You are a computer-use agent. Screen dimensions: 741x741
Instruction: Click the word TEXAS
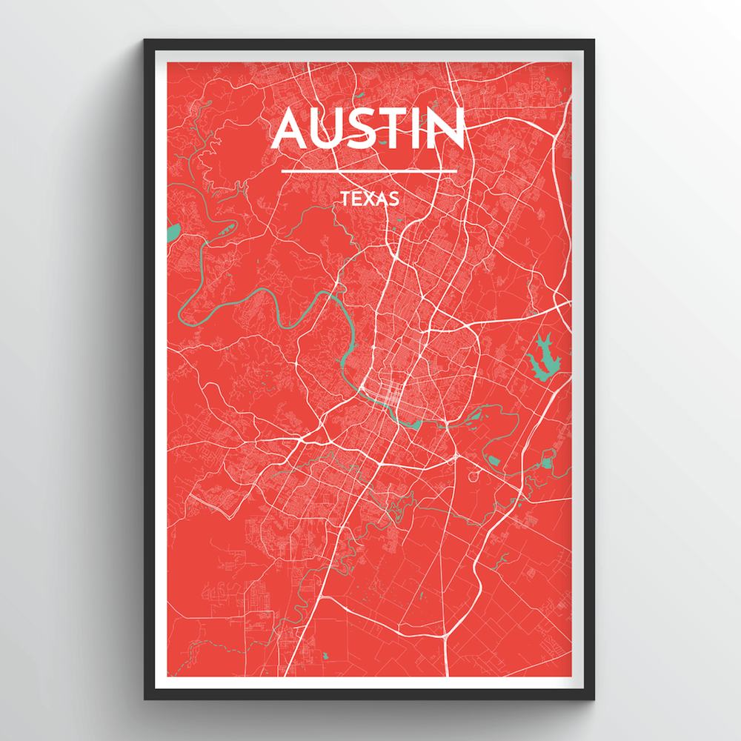[370, 199]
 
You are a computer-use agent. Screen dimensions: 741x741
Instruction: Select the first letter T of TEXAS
[345, 199]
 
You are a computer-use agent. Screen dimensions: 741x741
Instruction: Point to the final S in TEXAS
[394, 199]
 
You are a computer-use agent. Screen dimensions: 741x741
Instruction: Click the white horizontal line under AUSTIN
[370, 172]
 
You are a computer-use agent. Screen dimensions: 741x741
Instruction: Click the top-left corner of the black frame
[145, 41]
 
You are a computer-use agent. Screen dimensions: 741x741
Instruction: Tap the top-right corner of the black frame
[594, 41]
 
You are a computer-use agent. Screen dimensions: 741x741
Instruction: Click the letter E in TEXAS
[357, 199]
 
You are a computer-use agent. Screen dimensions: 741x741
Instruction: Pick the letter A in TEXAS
[382, 199]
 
